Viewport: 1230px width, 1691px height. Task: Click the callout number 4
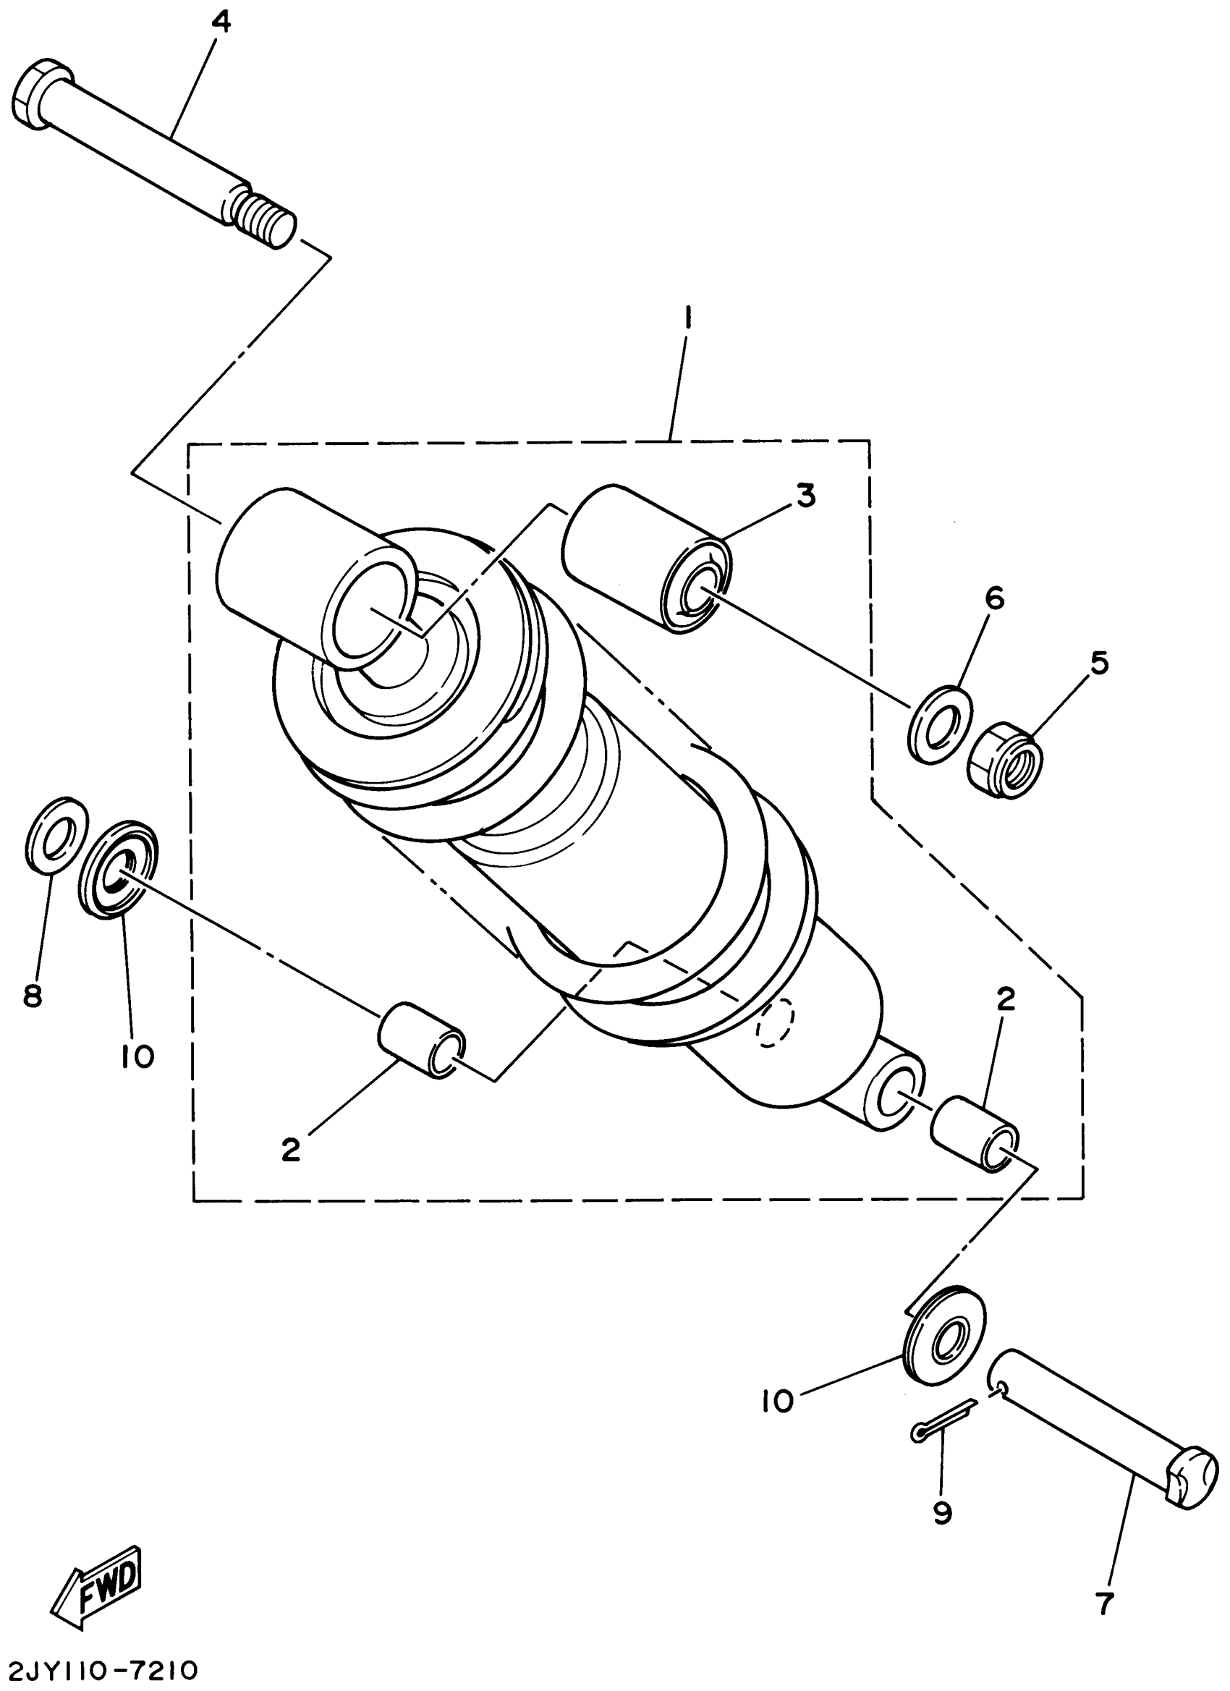pyautogui.click(x=221, y=23)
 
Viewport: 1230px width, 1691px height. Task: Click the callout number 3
pyautogui.click(x=806, y=496)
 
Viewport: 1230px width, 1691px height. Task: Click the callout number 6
pyautogui.click(x=994, y=598)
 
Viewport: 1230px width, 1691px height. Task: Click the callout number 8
pyautogui.click(x=33, y=996)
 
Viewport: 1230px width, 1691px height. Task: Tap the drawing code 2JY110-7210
pyautogui.click(x=99, y=1670)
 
